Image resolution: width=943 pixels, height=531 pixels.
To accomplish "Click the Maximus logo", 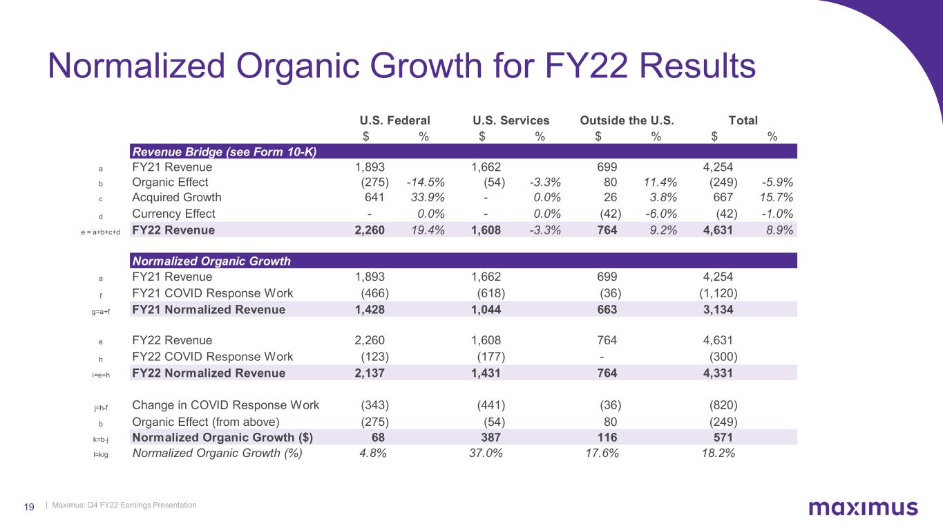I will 863,508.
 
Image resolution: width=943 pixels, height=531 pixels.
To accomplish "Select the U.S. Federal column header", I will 395,120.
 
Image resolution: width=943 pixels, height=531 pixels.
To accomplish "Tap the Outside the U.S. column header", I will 627,120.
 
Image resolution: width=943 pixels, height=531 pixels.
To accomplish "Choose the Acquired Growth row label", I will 176,197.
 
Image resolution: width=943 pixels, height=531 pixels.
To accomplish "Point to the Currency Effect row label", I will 173,214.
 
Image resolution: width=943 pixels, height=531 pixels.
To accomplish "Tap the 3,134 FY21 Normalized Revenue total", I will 718,310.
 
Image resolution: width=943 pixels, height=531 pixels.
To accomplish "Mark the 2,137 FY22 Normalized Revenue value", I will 370,373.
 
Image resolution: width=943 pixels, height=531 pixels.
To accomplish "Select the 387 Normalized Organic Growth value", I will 491,437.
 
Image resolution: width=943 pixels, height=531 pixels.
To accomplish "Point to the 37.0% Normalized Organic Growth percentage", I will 486,454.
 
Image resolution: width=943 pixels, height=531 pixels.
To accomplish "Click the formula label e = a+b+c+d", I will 101,231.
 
